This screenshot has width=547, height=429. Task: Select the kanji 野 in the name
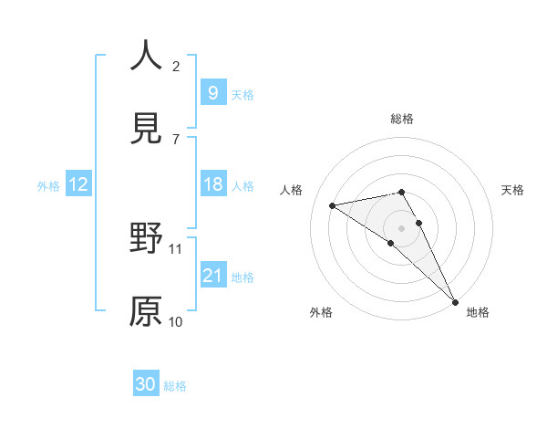coord(145,239)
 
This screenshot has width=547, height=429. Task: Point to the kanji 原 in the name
coord(145,311)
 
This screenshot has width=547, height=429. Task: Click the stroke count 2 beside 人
coord(176,67)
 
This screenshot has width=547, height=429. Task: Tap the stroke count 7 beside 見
coord(176,140)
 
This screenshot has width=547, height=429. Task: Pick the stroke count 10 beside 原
coord(176,321)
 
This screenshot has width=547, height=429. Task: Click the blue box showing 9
coord(212,92)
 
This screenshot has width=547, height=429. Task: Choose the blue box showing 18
coord(212,184)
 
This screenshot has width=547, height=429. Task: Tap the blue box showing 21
coord(212,276)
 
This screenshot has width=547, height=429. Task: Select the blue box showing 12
coord(78,184)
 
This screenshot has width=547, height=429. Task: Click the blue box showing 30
coord(146,384)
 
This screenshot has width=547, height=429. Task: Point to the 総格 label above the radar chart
coord(402,119)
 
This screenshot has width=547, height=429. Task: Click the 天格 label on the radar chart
coord(513,190)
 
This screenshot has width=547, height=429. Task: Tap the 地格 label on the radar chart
coord(478,312)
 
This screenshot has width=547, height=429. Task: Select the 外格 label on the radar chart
coord(321,312)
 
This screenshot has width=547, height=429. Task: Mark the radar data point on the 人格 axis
coord(333,205)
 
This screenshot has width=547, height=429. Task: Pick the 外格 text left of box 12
coord(48,185)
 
